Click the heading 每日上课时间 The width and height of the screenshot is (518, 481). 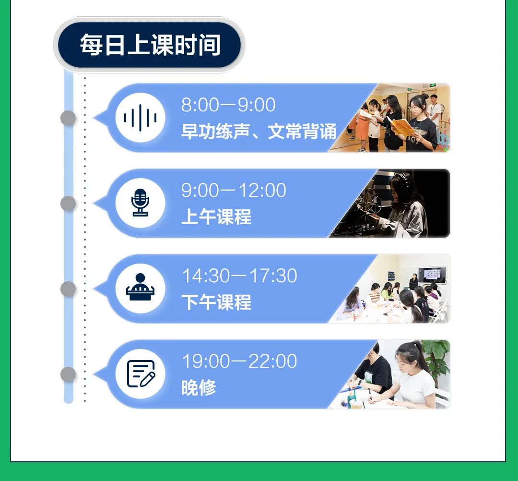[x=150, y=45]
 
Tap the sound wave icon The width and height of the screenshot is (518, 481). [x=140, y=118]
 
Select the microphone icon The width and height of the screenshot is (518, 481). [x=140, y=203]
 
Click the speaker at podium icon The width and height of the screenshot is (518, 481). [x=140, y=287]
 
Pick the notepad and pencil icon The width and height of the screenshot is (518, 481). [x=141, y=373]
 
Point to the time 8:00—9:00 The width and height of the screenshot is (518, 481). [x=228, y=105]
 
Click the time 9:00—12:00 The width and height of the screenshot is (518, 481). [x=234, y=190]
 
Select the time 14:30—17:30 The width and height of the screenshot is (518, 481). [x=239, y=276]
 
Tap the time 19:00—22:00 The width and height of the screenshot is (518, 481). [x=239, y=361]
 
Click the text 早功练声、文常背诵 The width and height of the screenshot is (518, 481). [x=259, y=132]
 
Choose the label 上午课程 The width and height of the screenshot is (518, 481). [x=216, y=217]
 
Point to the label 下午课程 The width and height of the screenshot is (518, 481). [x=216, y=302]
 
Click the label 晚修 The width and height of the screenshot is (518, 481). [x=199, y=387]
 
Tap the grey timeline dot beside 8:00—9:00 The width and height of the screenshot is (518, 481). [x=69, y=118]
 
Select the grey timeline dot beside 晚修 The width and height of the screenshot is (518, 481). [x=69, y=374]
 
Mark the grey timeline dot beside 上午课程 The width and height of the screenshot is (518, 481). [x=69, y=204]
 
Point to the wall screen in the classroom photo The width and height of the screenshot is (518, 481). [x=432, y=275]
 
